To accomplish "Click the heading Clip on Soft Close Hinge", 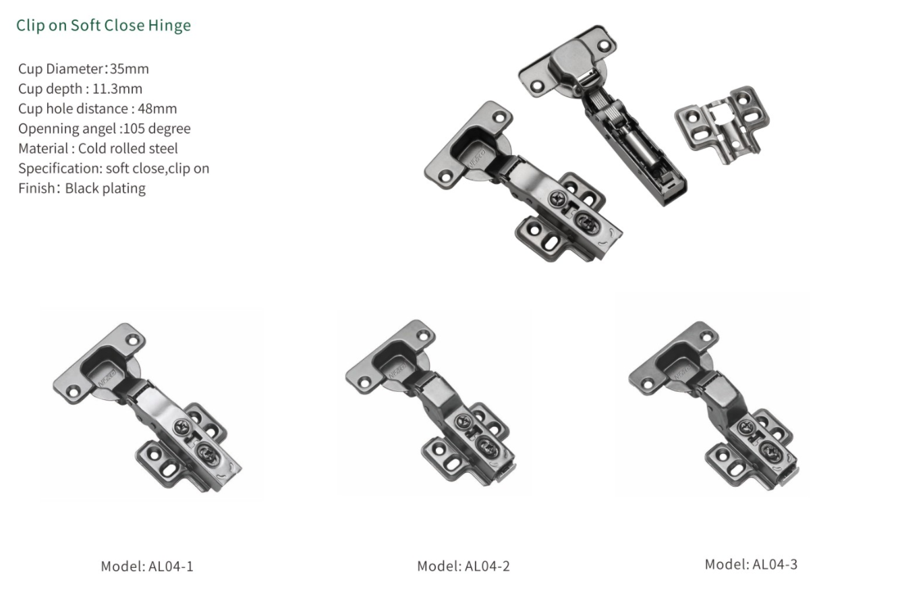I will pos(103,26).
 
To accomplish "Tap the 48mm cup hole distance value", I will pos(157,109).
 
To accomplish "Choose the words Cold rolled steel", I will pos(128,148).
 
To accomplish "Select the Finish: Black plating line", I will pos(82,188).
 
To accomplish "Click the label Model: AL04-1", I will pos(147,567).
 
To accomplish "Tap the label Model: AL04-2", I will pos(463,567).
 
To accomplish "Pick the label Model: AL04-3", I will pos(751,565).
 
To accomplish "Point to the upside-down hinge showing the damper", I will pos(607,115).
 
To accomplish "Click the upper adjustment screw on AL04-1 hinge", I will pos(183,426).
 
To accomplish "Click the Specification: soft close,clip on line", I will pos(113,169).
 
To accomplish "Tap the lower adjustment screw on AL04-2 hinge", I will pos(486,445).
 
